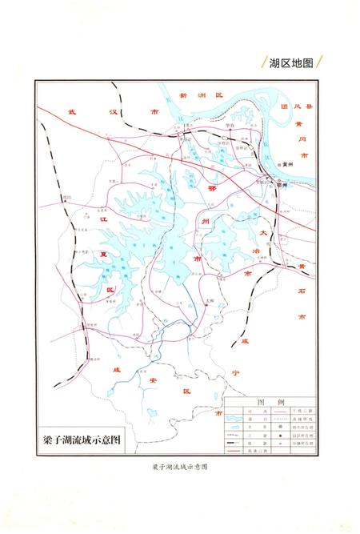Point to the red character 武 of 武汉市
[x=71, y=112]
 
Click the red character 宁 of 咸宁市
[x=235, y=372]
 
